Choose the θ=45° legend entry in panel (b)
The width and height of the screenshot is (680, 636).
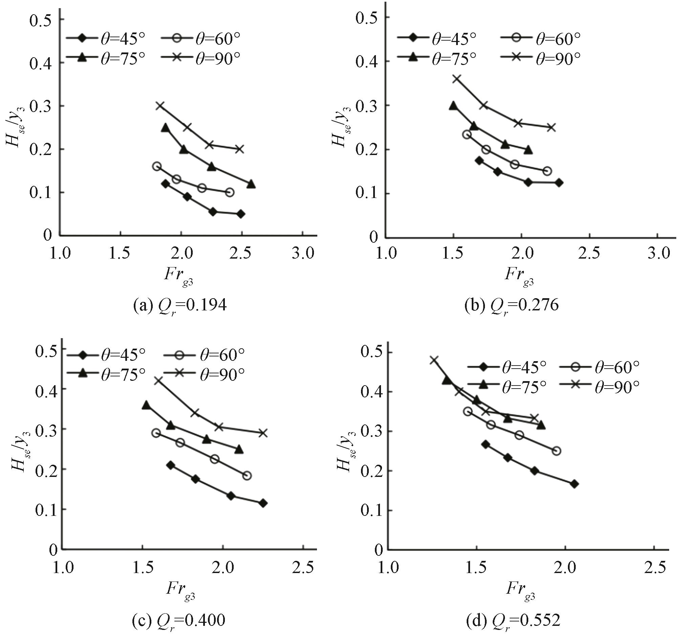coord(437,39)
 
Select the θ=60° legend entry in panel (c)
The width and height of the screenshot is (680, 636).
coord(204,356)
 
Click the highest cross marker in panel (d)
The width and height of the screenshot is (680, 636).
coord(434,360)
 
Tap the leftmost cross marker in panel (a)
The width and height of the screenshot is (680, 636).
coord(160,106)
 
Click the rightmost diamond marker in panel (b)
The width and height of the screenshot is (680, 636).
coord(559,182)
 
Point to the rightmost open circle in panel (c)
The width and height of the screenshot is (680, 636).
coord(247,476)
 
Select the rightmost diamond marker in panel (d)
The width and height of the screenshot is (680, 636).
coord(574,484)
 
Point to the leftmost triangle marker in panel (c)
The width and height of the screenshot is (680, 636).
coord(146,405)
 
